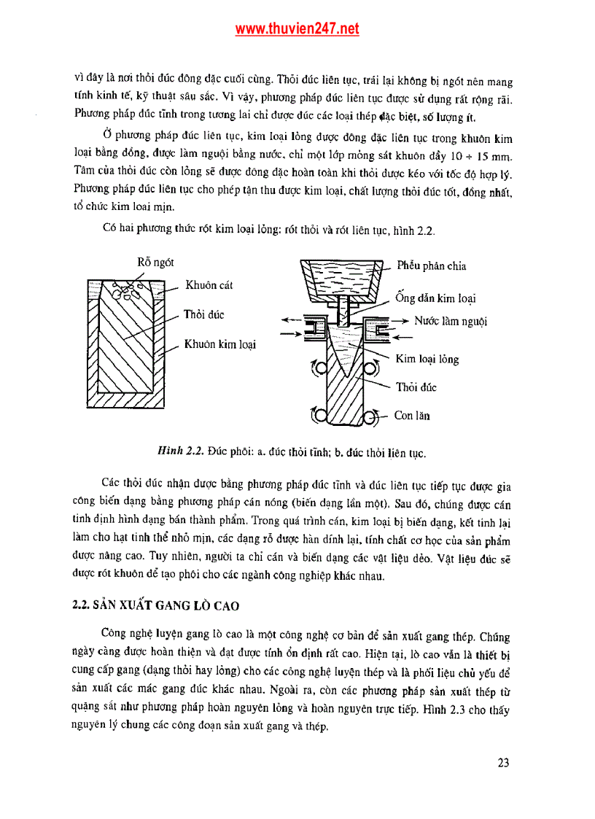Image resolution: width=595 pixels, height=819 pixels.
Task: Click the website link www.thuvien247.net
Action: click(297, 29)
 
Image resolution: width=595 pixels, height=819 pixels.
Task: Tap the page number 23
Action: click(503, 763)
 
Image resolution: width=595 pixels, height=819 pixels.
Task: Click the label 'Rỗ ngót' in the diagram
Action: click(155, 263)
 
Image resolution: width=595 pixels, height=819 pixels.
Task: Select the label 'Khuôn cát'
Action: click(209, 285)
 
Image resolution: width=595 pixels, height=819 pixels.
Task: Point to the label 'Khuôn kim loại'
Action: click(219, 343)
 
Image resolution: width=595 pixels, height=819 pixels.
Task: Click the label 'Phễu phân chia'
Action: click(431, 266)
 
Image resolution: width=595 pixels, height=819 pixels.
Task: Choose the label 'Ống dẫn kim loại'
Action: click(435, 298)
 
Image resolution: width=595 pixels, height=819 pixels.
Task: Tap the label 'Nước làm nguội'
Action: click(451, 321)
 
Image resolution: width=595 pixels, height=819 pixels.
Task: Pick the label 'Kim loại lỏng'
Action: click(427, 359)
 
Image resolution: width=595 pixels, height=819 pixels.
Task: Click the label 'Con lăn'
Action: click(412, 416)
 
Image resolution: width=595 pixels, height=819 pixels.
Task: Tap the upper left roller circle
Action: click(318, 369)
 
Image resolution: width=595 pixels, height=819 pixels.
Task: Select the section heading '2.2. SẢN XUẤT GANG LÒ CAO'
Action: click(156, 606)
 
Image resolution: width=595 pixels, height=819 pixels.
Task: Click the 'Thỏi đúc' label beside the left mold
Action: click(203, 314)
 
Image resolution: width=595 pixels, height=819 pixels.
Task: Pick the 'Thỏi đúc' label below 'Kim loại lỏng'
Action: click(416, 387)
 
